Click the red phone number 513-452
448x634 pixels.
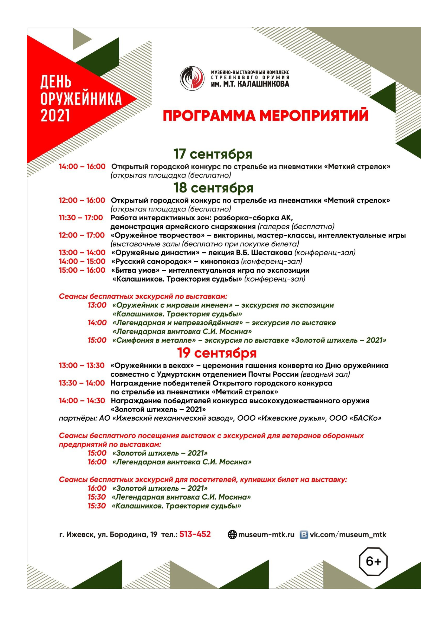coord(195,534)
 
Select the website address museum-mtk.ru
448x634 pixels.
coord(266,535)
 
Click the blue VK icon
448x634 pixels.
coord(304,535)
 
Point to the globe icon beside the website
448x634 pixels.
coord(232,535)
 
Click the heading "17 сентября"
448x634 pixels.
coord(213,154)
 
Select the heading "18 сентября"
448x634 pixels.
coord(213,188)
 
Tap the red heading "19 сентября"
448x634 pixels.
coord(217,353)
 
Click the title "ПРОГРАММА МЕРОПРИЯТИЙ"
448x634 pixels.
coord(265,116)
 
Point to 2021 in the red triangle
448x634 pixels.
coord(56,115)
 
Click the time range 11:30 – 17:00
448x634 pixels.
coord(81,218)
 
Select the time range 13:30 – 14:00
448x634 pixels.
coord(82,383)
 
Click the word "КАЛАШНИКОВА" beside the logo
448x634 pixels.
coord(263,84)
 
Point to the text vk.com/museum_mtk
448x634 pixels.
coord(348,535)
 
